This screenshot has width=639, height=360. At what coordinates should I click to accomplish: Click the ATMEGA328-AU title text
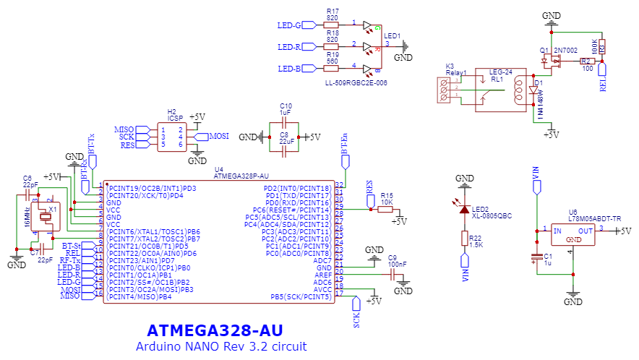click(x=214, y=330)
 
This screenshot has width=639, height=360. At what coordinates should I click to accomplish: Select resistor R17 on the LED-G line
click(x=332, y=25)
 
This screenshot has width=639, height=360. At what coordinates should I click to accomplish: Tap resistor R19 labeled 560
click(x=332, y=69)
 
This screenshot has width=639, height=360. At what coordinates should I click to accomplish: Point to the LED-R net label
click(x=289, y=47)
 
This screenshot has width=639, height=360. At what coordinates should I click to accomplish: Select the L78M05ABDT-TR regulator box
click(x=572, y=234)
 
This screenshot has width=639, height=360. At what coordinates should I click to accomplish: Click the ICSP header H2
click(x=171, y=136)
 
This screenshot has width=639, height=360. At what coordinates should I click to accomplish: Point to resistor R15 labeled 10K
click(x=386, y=210)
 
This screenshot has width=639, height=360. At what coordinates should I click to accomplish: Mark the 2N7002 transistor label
click(x=564, y=52)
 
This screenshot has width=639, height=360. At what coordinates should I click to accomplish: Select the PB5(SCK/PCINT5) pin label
click(x=301, y=296)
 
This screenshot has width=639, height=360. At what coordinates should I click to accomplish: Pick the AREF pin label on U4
click(x=324, y=275)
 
